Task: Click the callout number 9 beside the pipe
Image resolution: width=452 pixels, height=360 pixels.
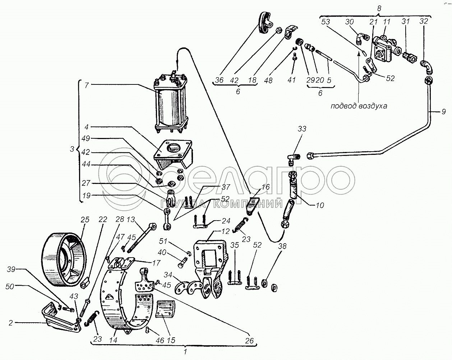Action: [443, 112]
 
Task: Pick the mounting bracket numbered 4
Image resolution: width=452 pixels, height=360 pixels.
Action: [172, 154]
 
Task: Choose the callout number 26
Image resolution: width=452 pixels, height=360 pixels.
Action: [250, 340]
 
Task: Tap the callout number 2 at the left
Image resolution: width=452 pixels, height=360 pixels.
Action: [10, 323]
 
